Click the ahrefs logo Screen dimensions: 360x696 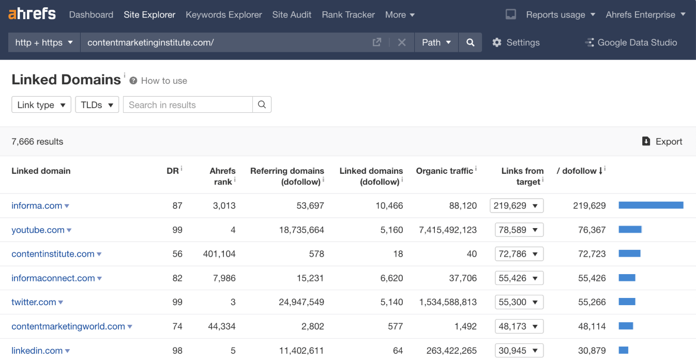coord(32,14)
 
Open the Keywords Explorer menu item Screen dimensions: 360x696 coord(223,14)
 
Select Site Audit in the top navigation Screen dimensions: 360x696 coord(292,14)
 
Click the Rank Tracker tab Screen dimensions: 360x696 coord(348,14)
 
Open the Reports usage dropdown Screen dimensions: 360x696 coord(560,14)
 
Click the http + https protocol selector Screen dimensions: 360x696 coord(44,42)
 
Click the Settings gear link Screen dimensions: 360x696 coord(516,42)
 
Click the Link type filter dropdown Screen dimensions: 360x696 coord(41,104)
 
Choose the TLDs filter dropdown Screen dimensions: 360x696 coord(97,104)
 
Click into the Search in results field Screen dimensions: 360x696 coord(188,104)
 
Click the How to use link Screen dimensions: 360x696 coord(163,81)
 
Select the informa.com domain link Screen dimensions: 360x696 coord(37,205)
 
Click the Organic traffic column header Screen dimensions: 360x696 coord(444,171)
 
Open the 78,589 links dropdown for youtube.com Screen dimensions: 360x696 coord(519,230)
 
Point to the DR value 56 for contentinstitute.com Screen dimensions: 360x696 coord(177,254)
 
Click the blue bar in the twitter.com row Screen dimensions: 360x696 coord(627,302)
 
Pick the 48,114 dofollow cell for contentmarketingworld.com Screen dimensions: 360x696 coord(592,326)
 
